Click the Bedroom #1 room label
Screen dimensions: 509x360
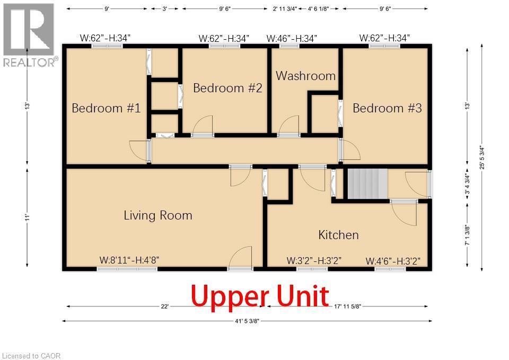point(106,108)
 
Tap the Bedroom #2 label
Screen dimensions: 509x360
point(227,88)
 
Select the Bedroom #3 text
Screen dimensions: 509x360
point(387,108)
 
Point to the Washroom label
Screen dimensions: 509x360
point(306,76)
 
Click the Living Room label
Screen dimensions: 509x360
point(158,216)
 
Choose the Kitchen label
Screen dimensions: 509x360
point(339,235)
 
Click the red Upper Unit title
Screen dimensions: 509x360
point(260,296)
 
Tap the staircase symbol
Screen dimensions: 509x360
point(368,184)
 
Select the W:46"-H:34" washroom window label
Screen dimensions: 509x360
point(292,39)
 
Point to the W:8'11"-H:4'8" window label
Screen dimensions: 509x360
point(129,260)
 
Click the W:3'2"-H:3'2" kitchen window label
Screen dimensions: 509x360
point(314,261)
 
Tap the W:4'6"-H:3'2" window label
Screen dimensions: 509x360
point(393,261)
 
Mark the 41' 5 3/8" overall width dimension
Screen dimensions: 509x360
point(247,321)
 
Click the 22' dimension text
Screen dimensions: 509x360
point(164,306)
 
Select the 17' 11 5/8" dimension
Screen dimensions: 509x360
point(348,306)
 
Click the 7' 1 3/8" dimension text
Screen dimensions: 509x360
point(468,235)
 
